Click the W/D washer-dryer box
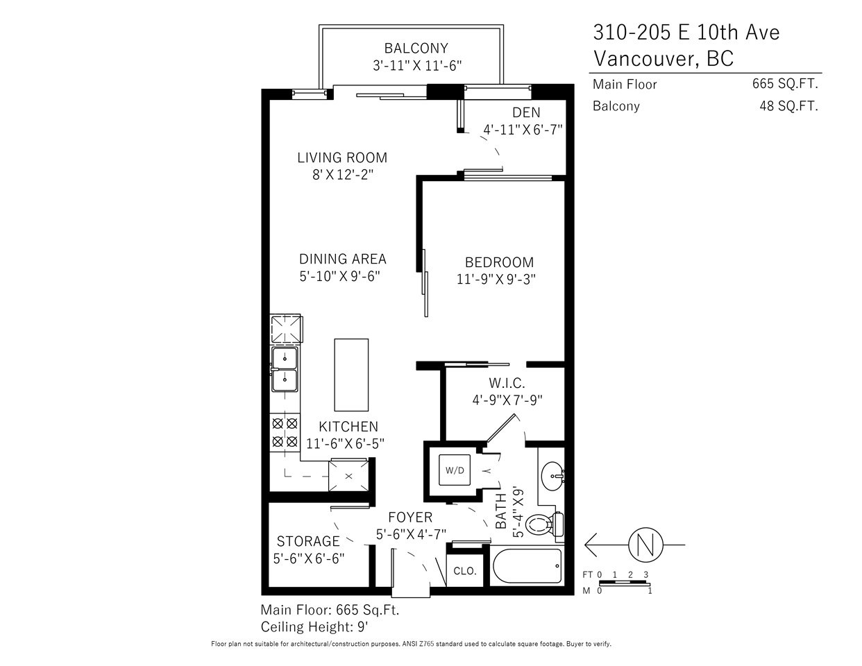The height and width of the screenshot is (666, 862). [454, 470]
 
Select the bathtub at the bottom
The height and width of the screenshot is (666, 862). [527, 565]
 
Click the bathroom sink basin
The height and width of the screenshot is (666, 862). [552, 476]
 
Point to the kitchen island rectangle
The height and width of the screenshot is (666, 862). [351, 375]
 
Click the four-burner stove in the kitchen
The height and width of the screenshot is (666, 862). [285, 432]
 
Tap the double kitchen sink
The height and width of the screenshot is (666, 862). [285, 370]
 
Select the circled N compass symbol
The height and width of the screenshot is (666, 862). [645, 545]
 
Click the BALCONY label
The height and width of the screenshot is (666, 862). [416, 49]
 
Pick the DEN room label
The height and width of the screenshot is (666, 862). [526, 112]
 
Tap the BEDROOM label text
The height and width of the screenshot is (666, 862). [499, 262]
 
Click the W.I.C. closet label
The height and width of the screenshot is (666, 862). [507, 383]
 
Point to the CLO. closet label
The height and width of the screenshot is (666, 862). [465, 571]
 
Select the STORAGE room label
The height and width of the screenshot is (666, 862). [308, 541]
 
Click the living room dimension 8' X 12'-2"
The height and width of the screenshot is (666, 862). [343, 174]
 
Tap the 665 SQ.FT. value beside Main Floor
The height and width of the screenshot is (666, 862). [785, 84]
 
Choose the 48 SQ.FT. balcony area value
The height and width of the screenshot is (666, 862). [788, 106]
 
